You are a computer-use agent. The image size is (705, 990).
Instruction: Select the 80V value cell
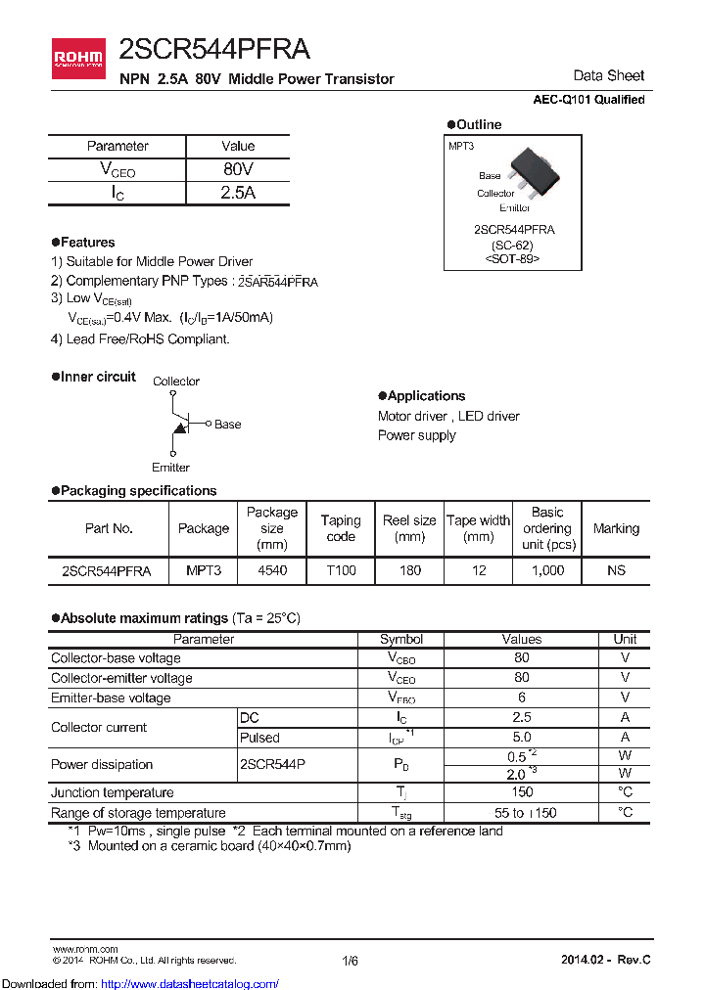coord(238,169)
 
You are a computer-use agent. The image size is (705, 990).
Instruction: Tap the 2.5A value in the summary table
coord(238,193)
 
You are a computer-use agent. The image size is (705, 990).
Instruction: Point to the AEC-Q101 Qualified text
coord(588,100)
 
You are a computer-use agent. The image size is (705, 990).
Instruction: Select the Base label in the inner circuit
coord(227,425)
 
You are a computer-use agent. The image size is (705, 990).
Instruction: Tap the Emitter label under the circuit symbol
coord(170,468)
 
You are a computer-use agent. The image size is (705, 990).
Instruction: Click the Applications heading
coord(426,396)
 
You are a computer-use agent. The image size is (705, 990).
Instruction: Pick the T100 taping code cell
coord(341,571)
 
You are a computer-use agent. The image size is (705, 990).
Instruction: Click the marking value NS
coord(616,571)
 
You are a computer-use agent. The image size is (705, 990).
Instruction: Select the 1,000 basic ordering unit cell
coord(547,571)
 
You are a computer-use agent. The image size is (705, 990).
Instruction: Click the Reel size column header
coord(409,528)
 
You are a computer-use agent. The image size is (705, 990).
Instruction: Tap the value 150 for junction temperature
coord(521,792)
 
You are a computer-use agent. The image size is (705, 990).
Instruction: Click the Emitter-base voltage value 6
coord(521,697)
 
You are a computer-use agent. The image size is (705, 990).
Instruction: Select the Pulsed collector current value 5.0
coord(521,738)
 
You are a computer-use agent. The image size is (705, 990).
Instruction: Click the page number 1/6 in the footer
coord(351,961)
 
